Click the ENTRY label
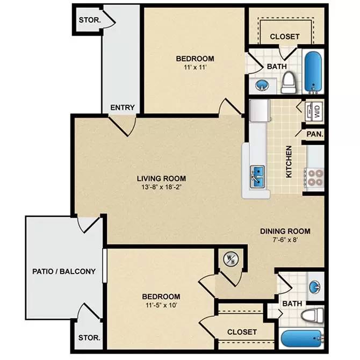[x=123, y=107]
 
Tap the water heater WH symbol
[x=231, y=260]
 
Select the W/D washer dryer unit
[x=314, y=111]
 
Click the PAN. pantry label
[x=315, y=134]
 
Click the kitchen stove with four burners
[x=314, y=177]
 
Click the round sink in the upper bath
[x=262, y=85]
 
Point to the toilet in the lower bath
[x=312, y=315]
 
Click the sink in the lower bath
[x=315, y=286]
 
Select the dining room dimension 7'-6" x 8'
[x=285, y=240]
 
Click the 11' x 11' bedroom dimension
[x=195, y=68]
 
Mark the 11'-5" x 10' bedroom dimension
[x=161, y=306]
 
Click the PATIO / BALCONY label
[x=63, y=271]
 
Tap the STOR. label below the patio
[x=89, y=338]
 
